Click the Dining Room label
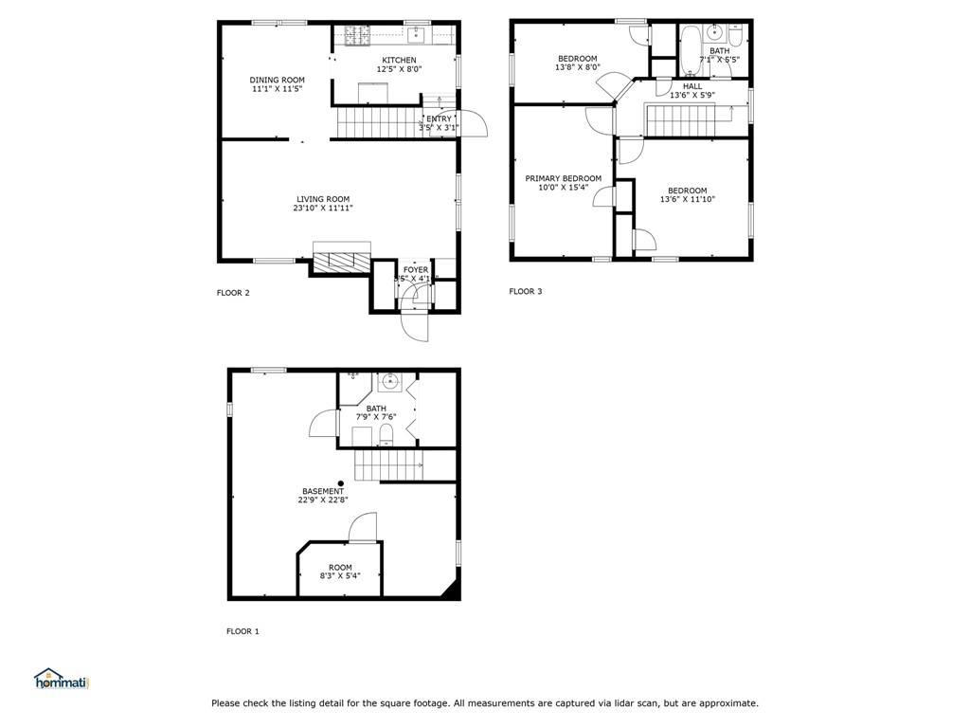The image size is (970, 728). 278,80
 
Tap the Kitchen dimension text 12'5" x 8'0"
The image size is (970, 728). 399,69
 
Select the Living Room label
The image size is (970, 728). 323,199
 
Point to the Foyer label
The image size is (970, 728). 416,270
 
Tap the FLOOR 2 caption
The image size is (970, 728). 233,293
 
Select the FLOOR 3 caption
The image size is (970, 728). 526,292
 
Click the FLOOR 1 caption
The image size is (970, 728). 242,631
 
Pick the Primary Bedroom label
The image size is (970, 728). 564,178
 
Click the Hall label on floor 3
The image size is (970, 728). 692,86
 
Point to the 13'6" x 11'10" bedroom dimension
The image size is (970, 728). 687,199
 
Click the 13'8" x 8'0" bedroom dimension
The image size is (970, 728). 576,67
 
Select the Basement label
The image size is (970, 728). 323,491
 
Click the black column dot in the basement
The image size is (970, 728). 341,483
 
